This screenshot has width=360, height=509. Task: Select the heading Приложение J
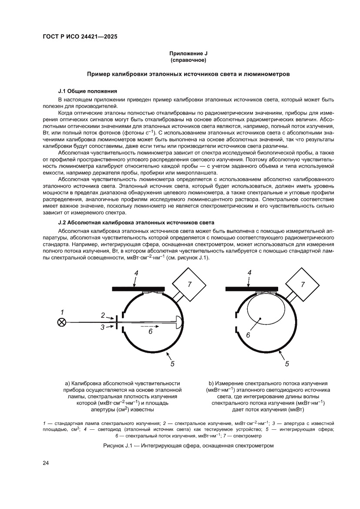(x=188, y=54)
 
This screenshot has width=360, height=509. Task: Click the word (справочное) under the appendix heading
(x=188, y=60)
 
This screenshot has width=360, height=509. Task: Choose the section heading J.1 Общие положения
(x=87, y=91)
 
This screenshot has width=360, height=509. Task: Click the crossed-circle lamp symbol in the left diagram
(x=62, y=322)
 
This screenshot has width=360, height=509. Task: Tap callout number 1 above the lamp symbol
(x=62, y=312)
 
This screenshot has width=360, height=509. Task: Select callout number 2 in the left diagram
(x=103, y=315)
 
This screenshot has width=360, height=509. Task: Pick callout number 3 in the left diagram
(x=103, y=327)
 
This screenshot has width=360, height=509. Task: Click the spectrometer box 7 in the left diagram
(x=189, y=284)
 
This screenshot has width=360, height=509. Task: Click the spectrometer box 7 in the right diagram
(x=303, y=284)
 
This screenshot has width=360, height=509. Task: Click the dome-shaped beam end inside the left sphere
(x=178, y=322)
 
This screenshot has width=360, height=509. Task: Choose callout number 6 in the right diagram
(x=248, y=335)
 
